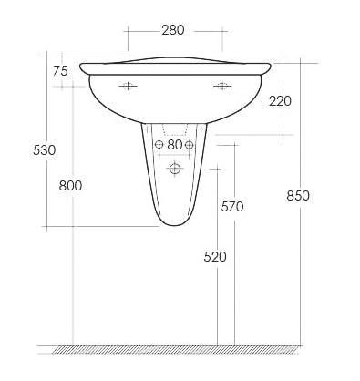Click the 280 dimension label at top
click(x=173, y=30)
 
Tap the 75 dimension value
click(x=60, y=71)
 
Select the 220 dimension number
click(x=280, y=101)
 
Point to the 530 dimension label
click(x=45, y=150)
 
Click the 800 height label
click(x=70, y=186)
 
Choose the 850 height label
click(x=298, y=196)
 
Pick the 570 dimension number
click(x=232, y=207)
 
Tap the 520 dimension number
click(x=215, y=257)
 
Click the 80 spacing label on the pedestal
click(x=174, y=145)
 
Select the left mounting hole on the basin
click(x=128, y=86)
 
